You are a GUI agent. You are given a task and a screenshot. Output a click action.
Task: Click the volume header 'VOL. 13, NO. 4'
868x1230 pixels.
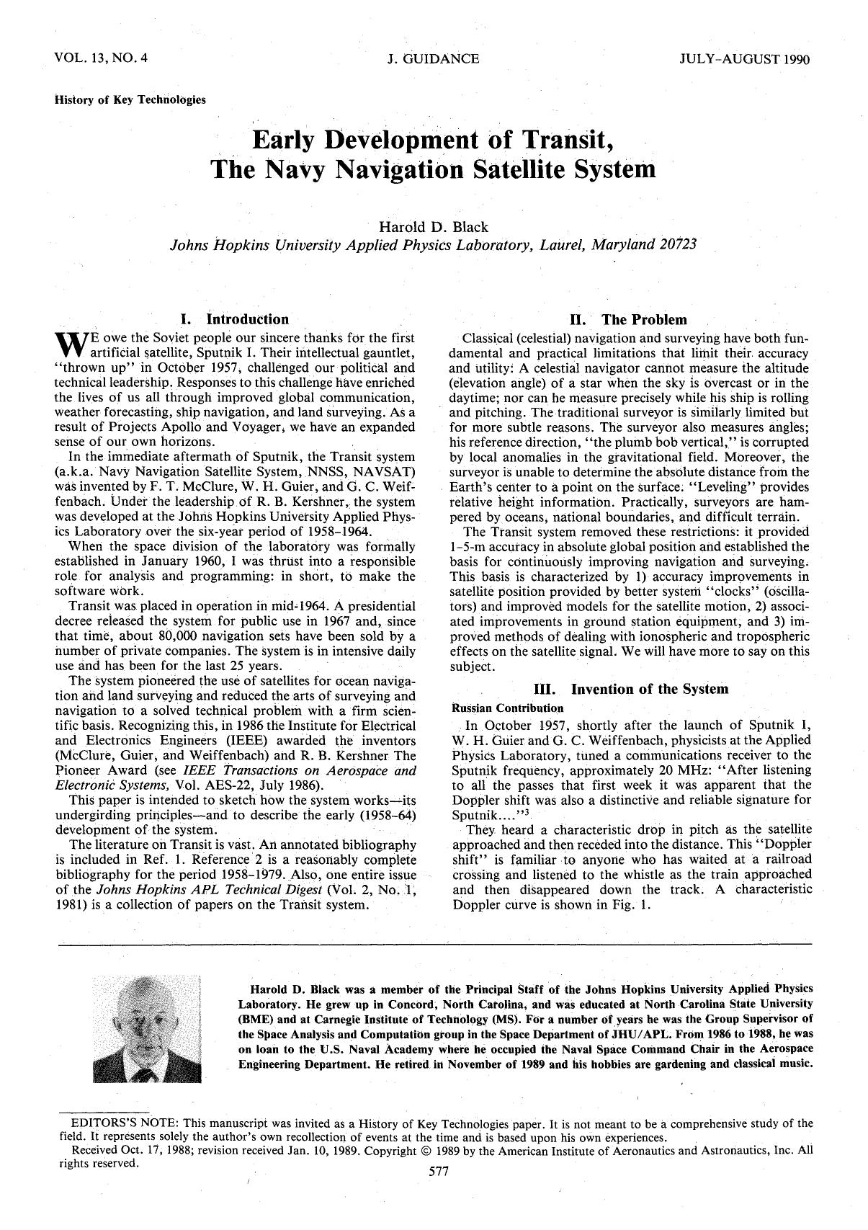pos(101,58)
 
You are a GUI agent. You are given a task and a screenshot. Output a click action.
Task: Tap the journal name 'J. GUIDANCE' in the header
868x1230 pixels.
pos(433,58)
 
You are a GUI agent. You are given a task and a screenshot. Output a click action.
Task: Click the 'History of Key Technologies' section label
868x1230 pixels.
pos(130,99)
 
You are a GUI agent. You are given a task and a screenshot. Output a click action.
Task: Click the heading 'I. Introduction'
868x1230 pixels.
pos(234,318)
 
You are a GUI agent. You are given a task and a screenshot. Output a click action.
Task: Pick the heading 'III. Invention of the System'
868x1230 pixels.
pos(630,689)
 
